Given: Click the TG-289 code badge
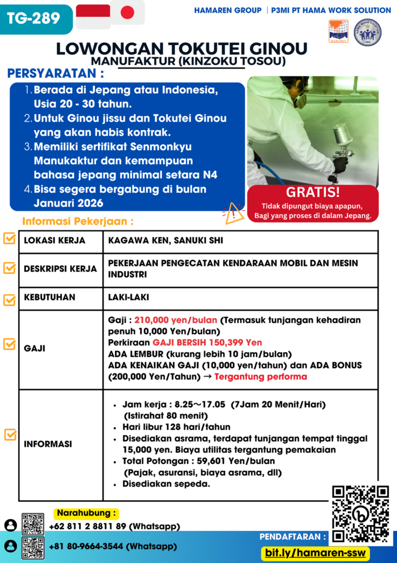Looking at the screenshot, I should click(x=34, y=19).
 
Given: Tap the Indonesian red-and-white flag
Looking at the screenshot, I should click(x=93, y=17).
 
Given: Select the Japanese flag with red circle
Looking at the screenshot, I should click(x=127, y=13).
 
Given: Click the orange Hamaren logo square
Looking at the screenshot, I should click(x=338, y=31).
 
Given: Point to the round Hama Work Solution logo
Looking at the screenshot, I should click(x=368, y=32).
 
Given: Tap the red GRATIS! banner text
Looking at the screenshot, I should click(x=313, y=193).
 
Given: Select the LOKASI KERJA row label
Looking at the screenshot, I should click(x=55, y=241).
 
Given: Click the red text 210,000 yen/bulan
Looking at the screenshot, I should click(x=176, y=320).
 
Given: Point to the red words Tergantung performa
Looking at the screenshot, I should click(x=261, y=377).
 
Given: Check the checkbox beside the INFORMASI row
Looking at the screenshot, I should click(x=9, y=435).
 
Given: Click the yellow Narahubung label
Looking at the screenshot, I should click(x=86, y=513).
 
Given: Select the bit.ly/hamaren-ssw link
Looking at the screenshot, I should click(x=315, y=553).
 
